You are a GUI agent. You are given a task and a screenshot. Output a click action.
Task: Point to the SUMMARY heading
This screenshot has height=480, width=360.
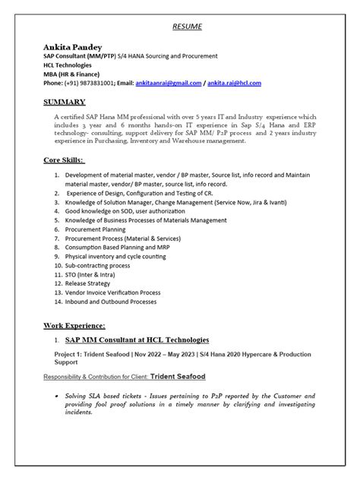click(x=64, y=101)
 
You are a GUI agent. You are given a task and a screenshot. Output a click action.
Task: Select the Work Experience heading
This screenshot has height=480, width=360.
click(x=75, y=324)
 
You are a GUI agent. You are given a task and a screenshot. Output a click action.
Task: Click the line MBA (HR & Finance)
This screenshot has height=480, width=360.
click(x=77, y=74)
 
